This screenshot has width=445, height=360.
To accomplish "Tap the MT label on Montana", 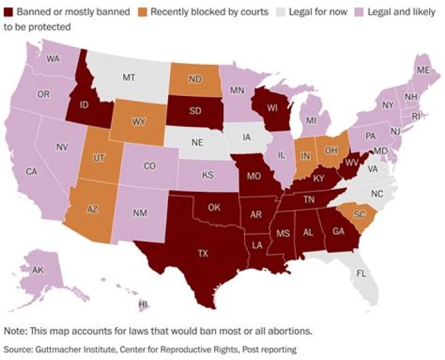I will [129, 78].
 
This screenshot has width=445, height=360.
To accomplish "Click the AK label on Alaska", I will [38, 271].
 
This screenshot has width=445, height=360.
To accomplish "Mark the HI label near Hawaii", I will [143, 304].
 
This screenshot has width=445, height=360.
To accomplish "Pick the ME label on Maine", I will [423, 71].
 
